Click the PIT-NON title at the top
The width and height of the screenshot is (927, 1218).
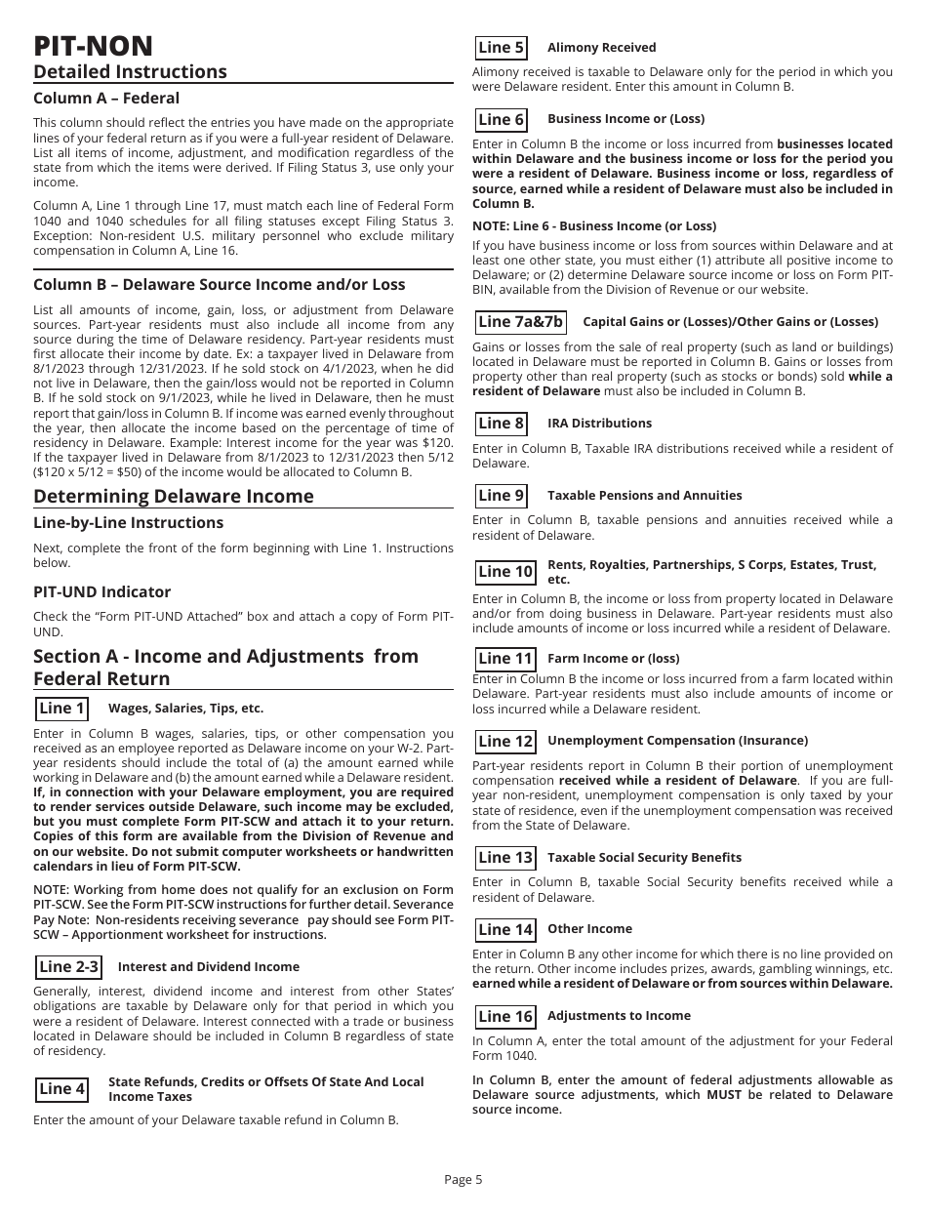(93, 46)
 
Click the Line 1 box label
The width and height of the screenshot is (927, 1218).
(61, 709)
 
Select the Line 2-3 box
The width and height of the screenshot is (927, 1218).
(68, 967)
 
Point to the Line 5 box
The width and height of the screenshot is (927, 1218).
(502, 48)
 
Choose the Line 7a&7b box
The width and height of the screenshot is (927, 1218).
(520, 322)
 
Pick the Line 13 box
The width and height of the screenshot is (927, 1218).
(505, 858)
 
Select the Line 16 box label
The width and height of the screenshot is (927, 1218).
(505, 1016)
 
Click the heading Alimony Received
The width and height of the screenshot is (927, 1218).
(601, 48)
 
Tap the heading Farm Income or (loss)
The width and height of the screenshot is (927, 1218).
(613, 659)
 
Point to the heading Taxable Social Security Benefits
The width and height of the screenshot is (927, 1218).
(644, 858)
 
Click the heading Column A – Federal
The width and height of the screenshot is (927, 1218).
(106, 99)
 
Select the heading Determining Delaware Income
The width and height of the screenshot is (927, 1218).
(174, 496)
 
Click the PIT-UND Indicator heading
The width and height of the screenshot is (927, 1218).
(101, 592)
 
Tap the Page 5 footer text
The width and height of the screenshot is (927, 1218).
(463, 1180)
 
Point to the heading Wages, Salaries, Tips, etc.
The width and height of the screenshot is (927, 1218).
(185, 709)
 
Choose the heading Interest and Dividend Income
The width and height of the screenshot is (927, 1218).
(208, 967)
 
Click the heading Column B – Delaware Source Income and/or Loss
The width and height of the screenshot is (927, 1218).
(220, 285)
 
